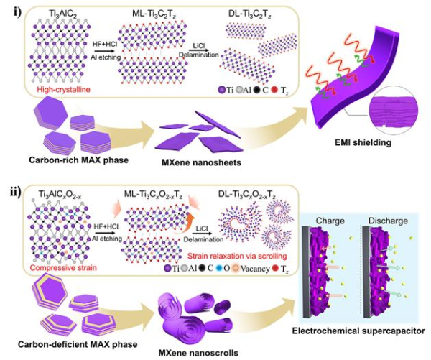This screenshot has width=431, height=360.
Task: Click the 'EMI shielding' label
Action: coord(363,142)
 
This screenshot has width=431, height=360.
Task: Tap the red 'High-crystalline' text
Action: coord(63,90)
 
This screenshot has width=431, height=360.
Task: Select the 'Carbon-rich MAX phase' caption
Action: coord(78,160)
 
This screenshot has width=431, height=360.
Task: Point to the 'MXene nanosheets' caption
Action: coord(201,162)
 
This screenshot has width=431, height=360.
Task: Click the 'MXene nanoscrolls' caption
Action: coord(198,353)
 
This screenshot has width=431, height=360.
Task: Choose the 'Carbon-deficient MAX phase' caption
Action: coord(78,344)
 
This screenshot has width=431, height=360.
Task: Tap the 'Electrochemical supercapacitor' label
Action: coord(358,331)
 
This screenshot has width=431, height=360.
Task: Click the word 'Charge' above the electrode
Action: coord(330,221)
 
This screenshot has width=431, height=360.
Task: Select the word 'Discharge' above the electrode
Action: coord(388,221)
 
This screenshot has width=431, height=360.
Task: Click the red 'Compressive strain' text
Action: coord(63,267)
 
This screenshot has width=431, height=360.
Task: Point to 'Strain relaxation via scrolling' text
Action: coord(237,256)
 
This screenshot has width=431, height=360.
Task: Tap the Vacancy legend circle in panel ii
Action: coord(236,268)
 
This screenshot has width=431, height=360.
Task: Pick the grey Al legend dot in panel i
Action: coord(238,90)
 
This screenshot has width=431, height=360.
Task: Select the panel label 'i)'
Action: coord(17,12)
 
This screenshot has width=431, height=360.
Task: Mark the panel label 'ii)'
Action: coord(15,192)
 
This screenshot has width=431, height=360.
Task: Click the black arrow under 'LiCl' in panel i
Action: coord(198,50)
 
